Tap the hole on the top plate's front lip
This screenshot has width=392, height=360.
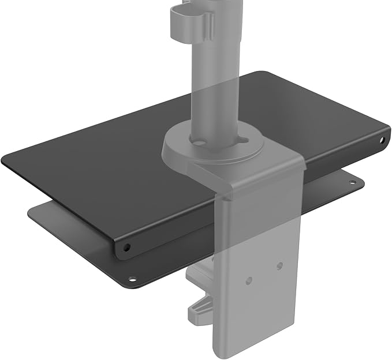click(126, 247)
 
